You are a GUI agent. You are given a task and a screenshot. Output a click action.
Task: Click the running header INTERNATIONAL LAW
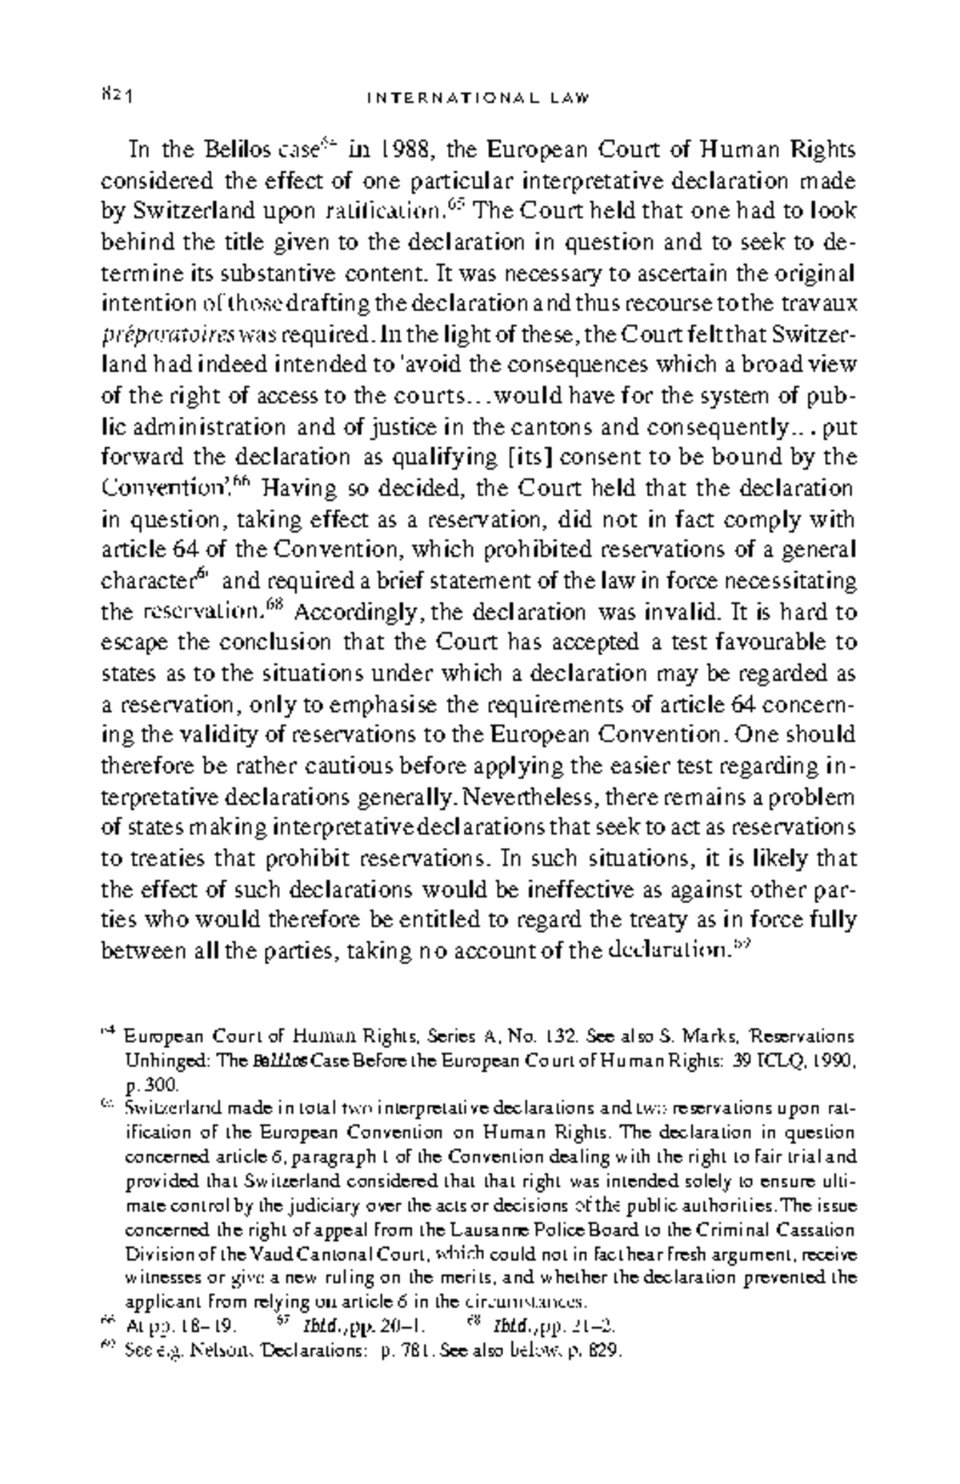(478, 98)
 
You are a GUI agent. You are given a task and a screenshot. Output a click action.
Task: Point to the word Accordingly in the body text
(359, 613)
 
